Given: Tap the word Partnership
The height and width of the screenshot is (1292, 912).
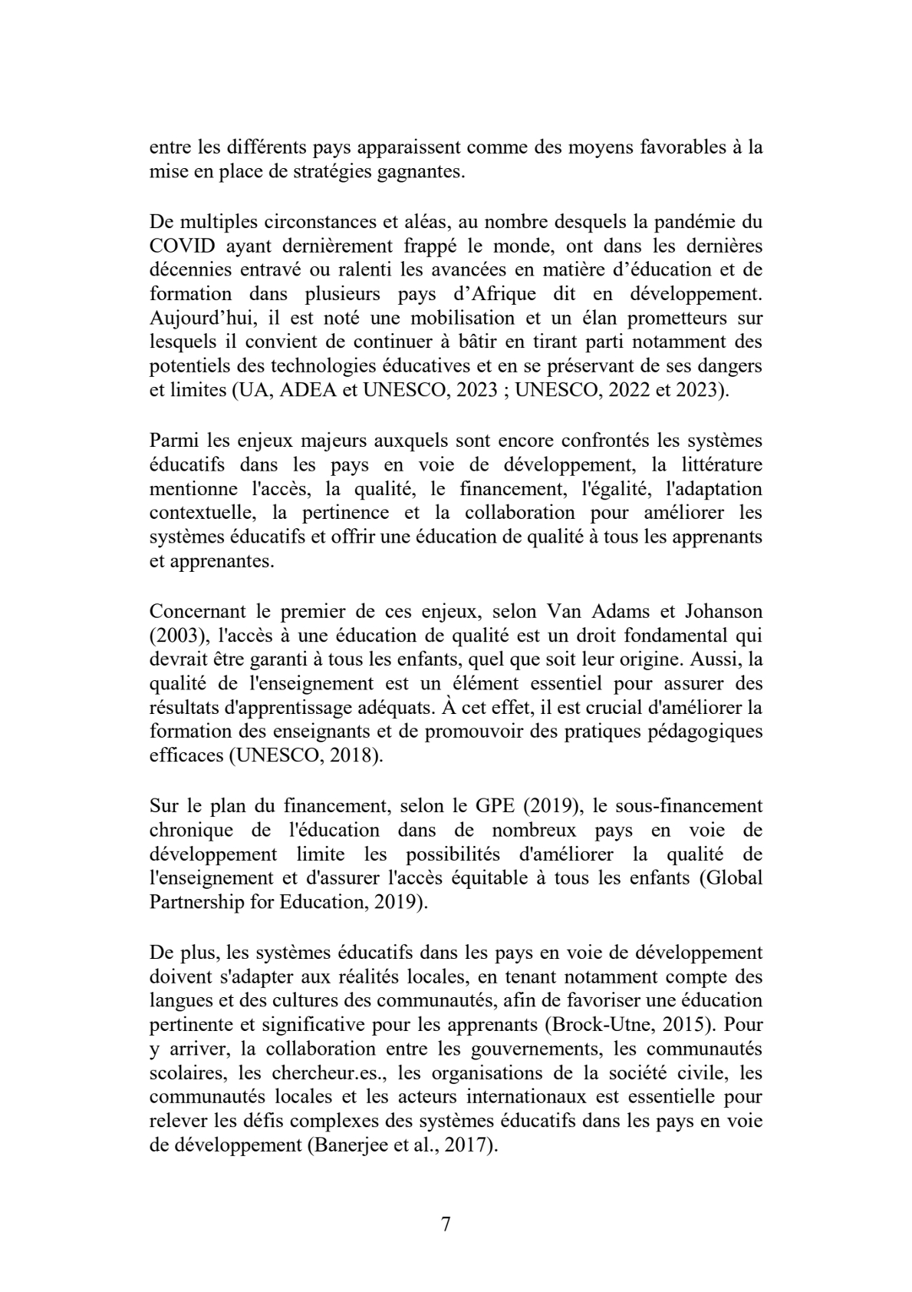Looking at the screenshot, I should (x=196, y=901).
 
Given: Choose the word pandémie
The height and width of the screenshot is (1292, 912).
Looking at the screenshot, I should (x=700, y=223).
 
